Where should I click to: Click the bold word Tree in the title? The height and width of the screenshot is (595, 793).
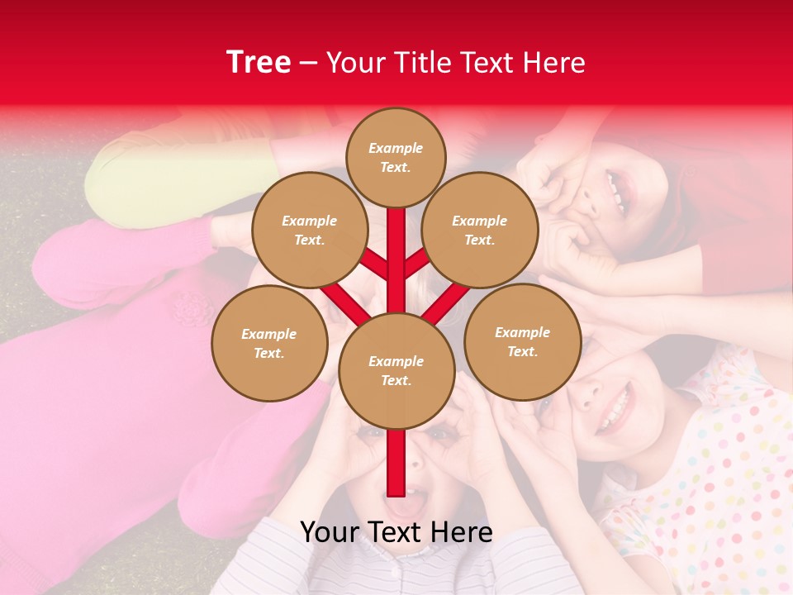pyautogui.click(x=259, y=62)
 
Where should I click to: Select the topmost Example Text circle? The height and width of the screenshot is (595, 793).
pyautogui.click(x=396, y=157)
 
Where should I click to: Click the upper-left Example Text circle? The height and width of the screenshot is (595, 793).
pyautogui.click(x=309, y=230)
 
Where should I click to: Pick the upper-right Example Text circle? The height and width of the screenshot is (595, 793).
pyautogui.click(x=480, y=230)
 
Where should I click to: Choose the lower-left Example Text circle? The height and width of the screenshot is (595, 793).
pyautogui.click(x=269, y=343)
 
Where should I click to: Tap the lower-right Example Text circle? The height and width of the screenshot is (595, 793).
pyautogui.click(x=522, y=341)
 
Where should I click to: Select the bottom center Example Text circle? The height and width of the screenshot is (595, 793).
pyautogui.click(x=396, y=370)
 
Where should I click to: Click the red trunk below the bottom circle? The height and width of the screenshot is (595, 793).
pyautogui.click(x=396, y=463)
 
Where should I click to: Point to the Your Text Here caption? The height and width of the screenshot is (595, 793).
pyautogui.click(x=396, y=532)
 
